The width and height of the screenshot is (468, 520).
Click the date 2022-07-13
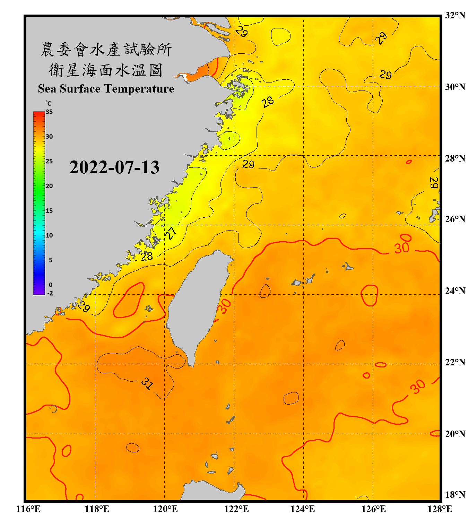point(114,167)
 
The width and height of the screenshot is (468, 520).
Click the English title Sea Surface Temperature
point(106,89)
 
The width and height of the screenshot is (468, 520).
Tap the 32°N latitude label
point(455,15)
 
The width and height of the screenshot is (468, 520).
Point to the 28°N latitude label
point(455,158)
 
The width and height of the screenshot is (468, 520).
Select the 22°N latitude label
point(455,362)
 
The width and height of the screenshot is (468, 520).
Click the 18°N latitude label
point(455,495)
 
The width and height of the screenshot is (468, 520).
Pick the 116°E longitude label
point(28,509)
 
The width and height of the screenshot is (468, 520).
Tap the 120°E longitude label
point(165,509)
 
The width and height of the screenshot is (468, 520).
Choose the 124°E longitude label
point(303,509)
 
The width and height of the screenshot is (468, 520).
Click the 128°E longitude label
point(440,509)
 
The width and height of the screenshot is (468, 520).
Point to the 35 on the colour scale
point(49,112)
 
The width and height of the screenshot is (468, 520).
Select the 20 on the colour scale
point(49,186)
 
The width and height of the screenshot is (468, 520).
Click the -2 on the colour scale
point(50,293)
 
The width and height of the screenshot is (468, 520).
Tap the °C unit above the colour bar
point(49,103)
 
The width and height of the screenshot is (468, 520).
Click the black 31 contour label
point(147,383)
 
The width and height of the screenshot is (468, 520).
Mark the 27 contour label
point(171,233)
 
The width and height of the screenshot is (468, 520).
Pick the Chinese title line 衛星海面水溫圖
point(106,70)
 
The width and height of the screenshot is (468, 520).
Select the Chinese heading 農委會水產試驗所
point(106,50)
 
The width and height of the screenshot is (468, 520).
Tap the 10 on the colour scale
point(49,235)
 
